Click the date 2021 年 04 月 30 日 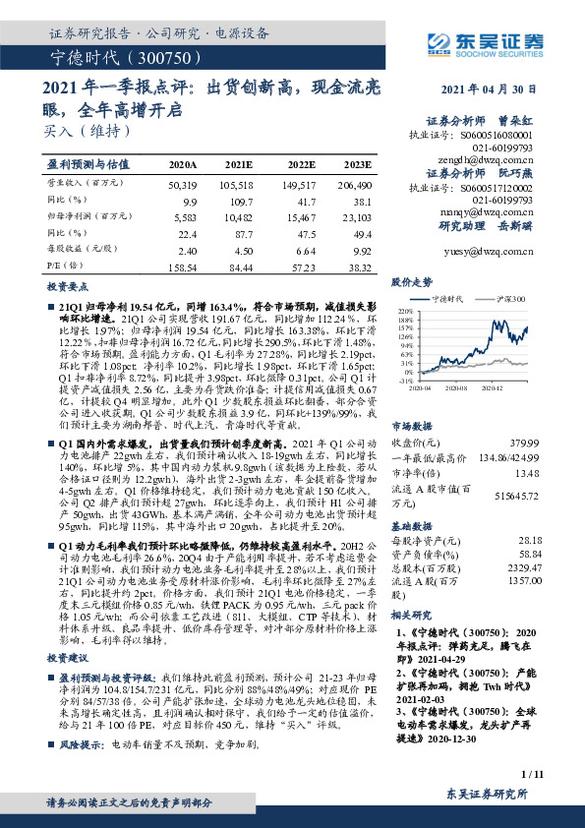point(510,89)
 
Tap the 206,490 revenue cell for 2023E point(354,184)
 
